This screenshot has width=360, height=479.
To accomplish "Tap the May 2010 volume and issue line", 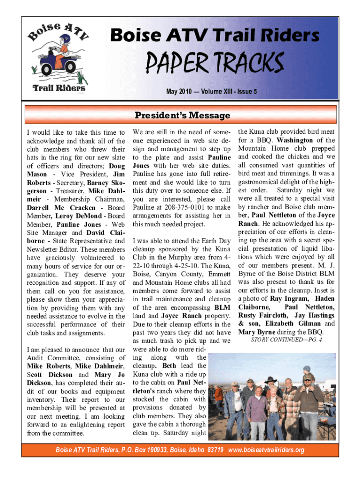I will pos(211,92).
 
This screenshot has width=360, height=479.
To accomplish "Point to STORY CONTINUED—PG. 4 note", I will pos(287,339).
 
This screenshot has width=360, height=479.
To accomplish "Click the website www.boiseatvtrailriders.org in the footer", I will pos(266,450).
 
